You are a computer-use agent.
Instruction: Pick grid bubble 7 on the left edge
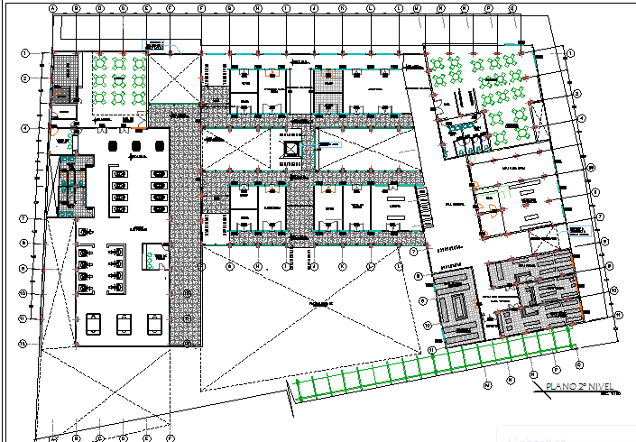pos(27,218)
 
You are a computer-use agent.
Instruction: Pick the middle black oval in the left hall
pos(136,146)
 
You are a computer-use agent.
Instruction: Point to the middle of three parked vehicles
pos(124,322)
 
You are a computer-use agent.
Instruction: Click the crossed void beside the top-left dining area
pos(173,77)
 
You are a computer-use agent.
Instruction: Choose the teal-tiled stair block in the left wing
pos(69,189)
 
